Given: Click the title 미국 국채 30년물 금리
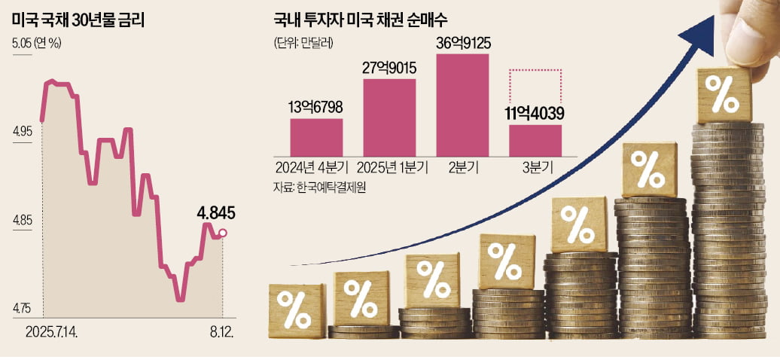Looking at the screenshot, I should (78, 21).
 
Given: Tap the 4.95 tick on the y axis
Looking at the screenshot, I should (23, 133).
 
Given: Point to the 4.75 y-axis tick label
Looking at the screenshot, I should (23, 309).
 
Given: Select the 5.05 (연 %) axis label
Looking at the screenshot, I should (37, 42).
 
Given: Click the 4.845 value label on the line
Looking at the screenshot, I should (216, 214).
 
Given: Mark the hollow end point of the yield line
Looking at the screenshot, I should (222, 233).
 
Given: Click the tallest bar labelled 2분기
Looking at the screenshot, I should (462, 104).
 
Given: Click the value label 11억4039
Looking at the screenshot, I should (535, 114).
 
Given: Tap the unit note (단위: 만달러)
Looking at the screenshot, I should (300, 43).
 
